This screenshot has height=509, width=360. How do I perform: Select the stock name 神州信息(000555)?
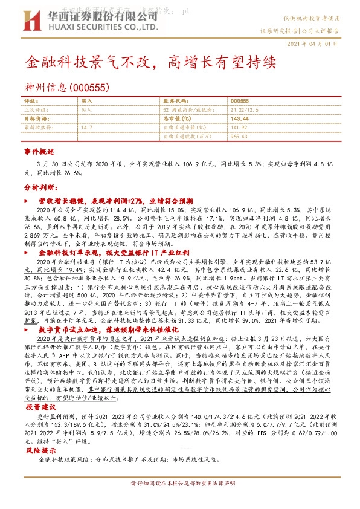pos(66,88)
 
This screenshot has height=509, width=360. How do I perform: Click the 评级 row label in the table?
pos(31,101)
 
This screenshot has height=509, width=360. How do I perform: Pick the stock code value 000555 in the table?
pos(240,101)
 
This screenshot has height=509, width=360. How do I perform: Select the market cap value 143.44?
pos(240,119)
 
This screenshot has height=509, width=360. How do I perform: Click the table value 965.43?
pos(240,137)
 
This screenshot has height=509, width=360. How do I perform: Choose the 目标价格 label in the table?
pos(36,119)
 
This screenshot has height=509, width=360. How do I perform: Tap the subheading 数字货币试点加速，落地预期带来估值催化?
pos(113,330)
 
